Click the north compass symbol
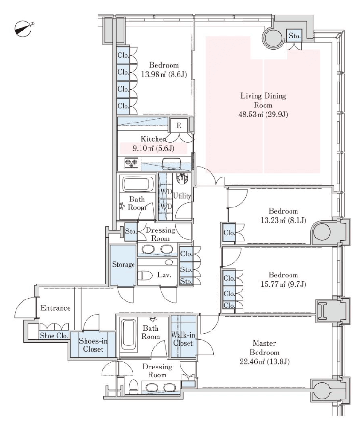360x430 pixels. click(23, 28)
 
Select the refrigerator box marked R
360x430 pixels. click(179, 125)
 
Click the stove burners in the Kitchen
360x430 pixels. click(131, 163)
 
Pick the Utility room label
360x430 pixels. click(182, 196)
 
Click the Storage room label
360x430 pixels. click(123, 265)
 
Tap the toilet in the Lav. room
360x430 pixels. click(145, 275)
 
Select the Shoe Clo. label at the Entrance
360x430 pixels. click(54, 335)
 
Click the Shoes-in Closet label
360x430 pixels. click(93, 345)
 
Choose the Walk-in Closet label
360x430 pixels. click(183, 338)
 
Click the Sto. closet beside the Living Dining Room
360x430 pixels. click(294, 36)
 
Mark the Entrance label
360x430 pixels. click(55, 308)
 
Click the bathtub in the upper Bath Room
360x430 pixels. click(137, 184)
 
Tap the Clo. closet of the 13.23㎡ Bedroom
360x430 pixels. click(229, 233)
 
